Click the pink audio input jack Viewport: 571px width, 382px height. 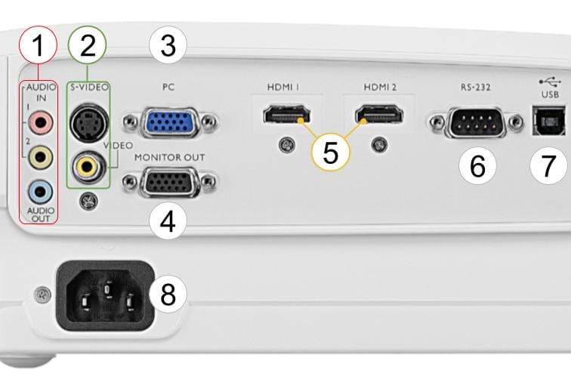point(41,123)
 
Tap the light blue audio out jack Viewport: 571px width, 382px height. point(41,192)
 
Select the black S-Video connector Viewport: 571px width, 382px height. point(89,123)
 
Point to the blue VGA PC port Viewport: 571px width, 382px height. point(170,122)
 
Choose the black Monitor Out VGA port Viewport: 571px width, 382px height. point(168,182)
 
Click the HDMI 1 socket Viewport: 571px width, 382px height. point(287,114)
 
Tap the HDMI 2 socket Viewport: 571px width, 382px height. point(379,114)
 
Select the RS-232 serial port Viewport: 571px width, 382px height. point(477,122)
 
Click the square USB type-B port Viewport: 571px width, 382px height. point(549,121)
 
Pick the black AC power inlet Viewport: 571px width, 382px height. point(106,296)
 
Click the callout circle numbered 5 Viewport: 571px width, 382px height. point(331,153)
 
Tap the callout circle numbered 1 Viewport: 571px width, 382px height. point(39,45)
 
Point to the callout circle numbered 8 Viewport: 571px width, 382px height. point(168,294)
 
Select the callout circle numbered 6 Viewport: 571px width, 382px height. point(477,165)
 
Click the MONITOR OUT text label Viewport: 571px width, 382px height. point(170,158)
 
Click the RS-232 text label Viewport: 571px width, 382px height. point(476,88)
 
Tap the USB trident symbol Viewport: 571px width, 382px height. point(550,82)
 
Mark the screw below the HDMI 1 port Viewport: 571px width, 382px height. point(286,146)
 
